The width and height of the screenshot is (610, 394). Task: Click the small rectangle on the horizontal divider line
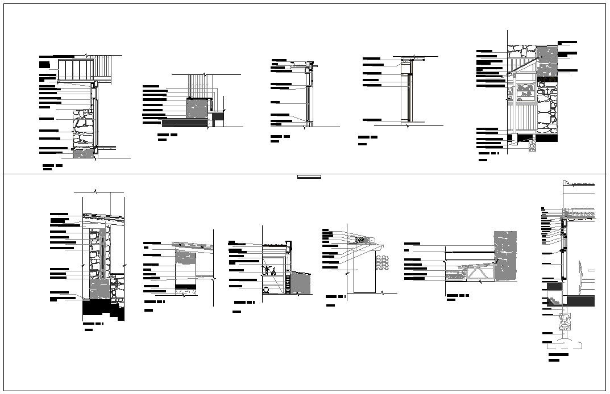point(310,177)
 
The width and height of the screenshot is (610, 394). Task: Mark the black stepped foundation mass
point(102,310)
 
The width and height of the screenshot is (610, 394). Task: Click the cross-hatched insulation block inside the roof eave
point(360,240)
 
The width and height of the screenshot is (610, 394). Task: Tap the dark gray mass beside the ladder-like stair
point(302,283)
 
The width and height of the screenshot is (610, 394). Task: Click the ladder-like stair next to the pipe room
point(289,284)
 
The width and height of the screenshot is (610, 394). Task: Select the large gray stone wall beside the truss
point(505,255)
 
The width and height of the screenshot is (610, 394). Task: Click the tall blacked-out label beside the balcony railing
point(44,64)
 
